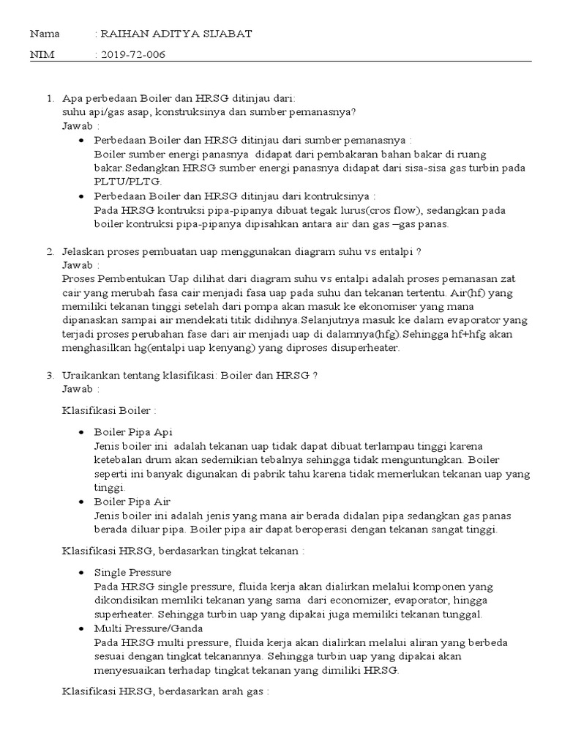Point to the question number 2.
[50, 251]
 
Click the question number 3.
[50, 375]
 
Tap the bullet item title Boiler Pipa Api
[133, 432]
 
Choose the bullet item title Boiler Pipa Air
[132, 502]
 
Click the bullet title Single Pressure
[132, 572]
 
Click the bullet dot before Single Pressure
[80, 572]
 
